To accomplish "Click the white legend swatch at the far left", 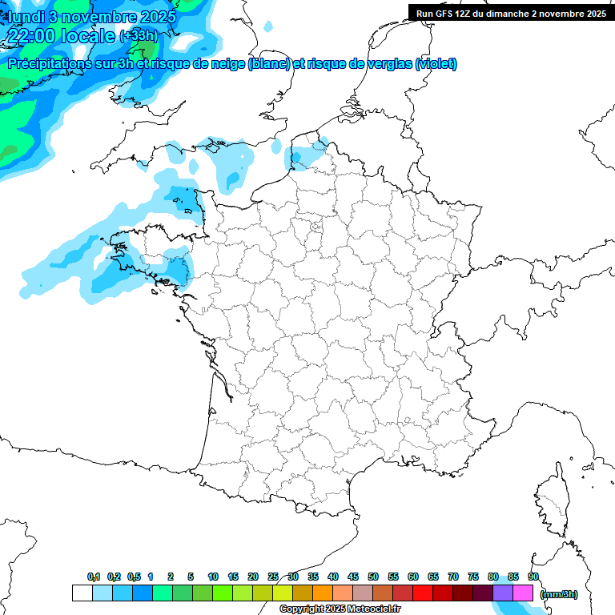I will pos(82,593).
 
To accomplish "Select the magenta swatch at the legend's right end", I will pos(523,593).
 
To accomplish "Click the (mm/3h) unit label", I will pos(559,594).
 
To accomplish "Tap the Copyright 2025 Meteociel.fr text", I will pos(340,609).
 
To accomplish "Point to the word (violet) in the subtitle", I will pos(436,64).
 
